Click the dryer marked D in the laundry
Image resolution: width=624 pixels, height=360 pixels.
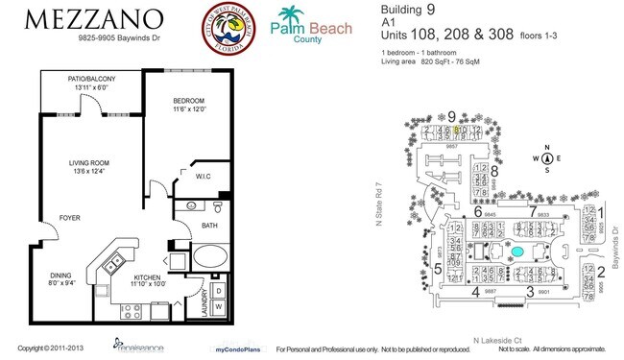pyautogui.click(x=218, y=289)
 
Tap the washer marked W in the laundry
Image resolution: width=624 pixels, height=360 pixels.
pyautogui.click(x=218, y=308)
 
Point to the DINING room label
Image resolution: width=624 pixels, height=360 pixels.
pyautogui.click(x=63, y=278)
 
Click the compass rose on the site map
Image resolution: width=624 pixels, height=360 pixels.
pyautogui.click(x=545, y=159)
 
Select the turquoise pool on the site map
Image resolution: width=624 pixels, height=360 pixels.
pyautogui.click(x=518, y=252)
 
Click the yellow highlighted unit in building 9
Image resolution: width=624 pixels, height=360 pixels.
pyautogui.click(x=460, y=128)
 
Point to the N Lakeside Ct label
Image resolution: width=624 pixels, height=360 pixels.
pyautogui.click(x=502, y=340)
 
